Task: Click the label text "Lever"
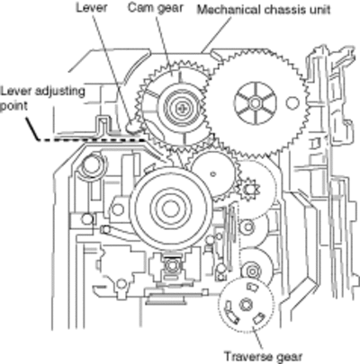pos(92,8)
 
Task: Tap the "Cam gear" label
pos(156,8)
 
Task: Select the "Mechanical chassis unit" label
pos(264,10)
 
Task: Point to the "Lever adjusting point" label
pos(42,98)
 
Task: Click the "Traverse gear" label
pos(264,357)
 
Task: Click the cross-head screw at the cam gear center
pos(181,108)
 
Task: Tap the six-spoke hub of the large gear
pos(255,103)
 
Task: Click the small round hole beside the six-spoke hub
pos(292,103)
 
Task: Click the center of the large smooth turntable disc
pos(171,208)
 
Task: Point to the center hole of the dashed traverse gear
pos(246,305)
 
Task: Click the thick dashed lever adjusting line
pos(90,139)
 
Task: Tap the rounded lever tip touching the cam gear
pos(131,127)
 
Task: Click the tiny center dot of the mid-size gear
pos(212,173)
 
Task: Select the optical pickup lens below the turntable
pos(171,265)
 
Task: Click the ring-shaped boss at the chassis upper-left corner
pos(91,164)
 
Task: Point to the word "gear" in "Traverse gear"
pos(289,358)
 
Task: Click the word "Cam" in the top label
pos(139,7)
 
